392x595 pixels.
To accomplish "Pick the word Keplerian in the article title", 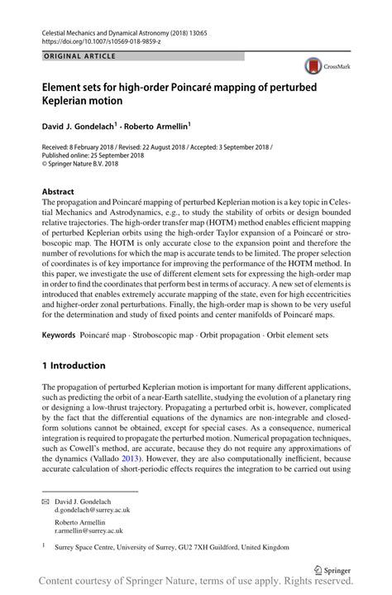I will pyautogui.click(x=71, y=100).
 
